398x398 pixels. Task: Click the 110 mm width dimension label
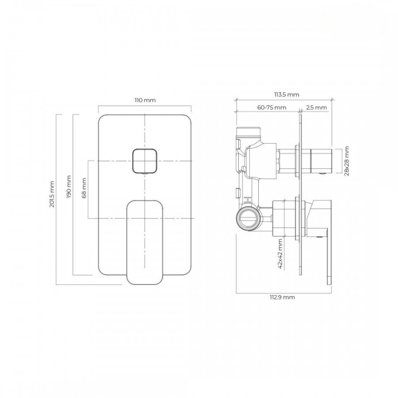pyautogui.click(x=145, y=100)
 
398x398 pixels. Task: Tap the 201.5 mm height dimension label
pyautogui.click(x=52, y=194)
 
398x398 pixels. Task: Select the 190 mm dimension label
pyautogui.click(x=69, y=187)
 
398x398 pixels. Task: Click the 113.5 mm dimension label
pyautogui.click(x=287, y=95)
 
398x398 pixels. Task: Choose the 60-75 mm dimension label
pyautogui.click(x=272, y=107)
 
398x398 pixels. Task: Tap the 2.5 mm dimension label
pyautogui.click(x=316, y=107)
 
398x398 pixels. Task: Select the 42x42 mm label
pyautogui.click(x=280, y=254)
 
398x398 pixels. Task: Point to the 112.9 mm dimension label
pyautogui.click(x=282, y=297)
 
